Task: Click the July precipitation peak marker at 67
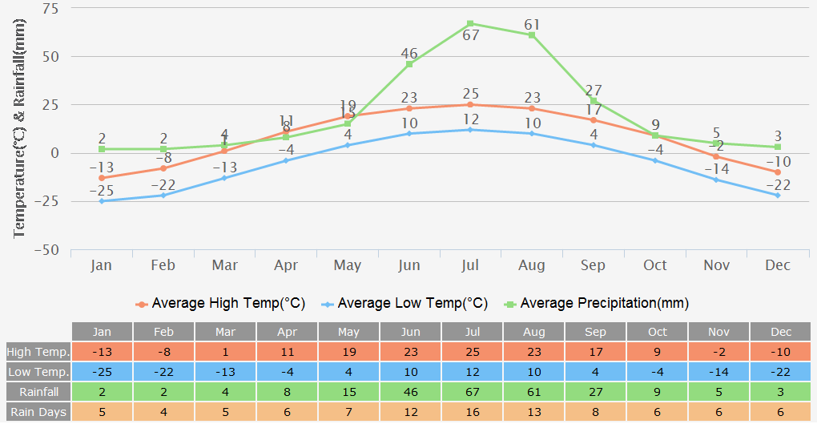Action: pos(470,24)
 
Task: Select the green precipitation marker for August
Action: pos(532,35)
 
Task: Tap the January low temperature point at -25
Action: pos(102,201)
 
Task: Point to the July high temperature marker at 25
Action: pos(470,104)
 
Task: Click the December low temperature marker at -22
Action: pos(777,196)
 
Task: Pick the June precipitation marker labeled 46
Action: pos(409,64)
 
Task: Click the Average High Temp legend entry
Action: pos(220,304)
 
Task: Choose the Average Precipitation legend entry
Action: pos(596,304)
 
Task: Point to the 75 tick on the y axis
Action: pos(50,9)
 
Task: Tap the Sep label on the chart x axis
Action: pos(594,265)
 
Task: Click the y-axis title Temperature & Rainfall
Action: pos(20,128)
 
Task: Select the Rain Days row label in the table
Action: pos(38,412)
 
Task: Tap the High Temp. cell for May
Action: pos(348,352)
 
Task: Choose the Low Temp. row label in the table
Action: pos(38,372)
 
